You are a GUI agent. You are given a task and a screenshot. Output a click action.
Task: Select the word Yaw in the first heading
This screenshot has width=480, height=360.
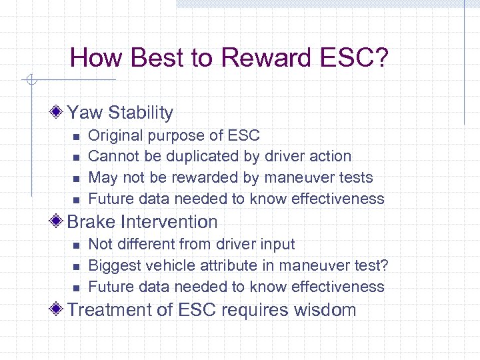(85, 113)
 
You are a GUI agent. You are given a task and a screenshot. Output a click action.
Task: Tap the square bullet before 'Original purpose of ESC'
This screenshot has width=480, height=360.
(75, 137)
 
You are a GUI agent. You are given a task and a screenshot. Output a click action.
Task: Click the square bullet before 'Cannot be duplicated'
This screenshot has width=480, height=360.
(75, 157)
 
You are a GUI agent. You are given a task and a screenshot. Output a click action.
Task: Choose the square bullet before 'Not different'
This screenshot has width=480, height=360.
(75, 245)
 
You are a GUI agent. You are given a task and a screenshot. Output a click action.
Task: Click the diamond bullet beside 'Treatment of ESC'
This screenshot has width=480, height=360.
(59, 309)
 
